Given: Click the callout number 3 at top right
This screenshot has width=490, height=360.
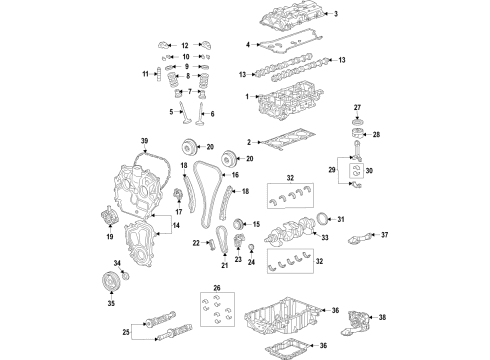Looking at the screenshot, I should point(336,13).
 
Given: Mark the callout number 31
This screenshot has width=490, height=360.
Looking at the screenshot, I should point(340,219).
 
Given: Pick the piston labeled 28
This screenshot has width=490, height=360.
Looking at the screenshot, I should point(356,135).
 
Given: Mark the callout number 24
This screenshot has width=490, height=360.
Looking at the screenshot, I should point(250,265).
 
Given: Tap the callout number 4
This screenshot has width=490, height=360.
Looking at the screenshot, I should point(248,45).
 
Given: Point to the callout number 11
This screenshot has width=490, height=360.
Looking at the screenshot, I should point(144,75).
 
